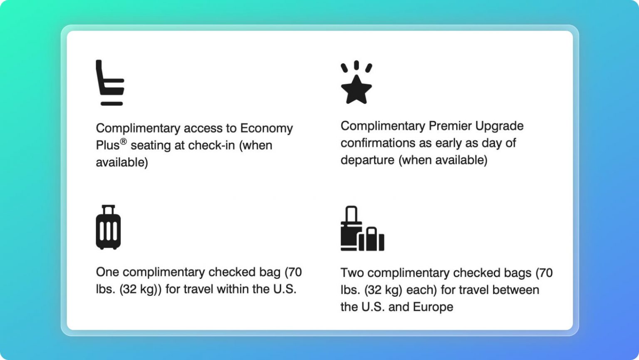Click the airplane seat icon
point(109,82)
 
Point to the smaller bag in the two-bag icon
point(372,239)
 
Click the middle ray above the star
point(356,65)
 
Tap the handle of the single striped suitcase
point(108,209)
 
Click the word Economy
point(266,128)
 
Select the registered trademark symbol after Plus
point(123,142)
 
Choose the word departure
point(367,160)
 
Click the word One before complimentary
point(107,272)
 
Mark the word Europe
point(433,307)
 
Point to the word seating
point(151,146)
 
